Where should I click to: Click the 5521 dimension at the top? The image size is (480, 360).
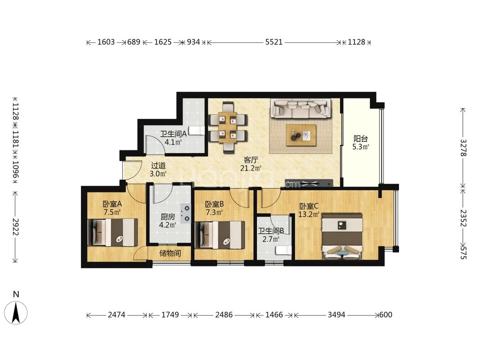click(x=274, y=42)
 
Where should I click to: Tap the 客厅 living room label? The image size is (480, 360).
click(x=251, y=160)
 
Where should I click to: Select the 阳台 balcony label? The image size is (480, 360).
click(x=361, y=139)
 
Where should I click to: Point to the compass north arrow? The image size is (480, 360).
click(x=16, y=313)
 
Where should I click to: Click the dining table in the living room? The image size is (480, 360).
click(x=228, y=127)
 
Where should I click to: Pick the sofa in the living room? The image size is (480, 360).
click(x=301, y=108)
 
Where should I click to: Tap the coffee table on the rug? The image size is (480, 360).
click(x=301, y=135)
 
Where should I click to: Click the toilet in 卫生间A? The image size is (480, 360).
click(x=197, y=130)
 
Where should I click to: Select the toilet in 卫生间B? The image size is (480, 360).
click(x=283, y=250)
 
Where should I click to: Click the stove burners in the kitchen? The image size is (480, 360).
click(x=186, y=213)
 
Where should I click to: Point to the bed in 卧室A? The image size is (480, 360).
click(x=112, y=232)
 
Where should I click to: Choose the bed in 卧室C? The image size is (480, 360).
click(x=342, y=237)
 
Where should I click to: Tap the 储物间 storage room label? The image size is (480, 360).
click(x=170, y=253)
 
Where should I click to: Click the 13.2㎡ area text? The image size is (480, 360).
click(x=309, y=214)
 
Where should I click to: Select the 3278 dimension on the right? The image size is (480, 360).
click(x=463, y=148)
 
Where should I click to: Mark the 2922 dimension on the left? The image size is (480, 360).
click(x=15, y=227)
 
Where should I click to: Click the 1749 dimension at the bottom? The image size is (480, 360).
click(x=170, y=315)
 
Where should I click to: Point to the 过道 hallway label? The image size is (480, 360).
click(x=158, y=166)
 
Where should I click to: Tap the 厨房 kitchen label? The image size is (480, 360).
click(x=168, y=217)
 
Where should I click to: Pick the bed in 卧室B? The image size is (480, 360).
click(x=220, y=235)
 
